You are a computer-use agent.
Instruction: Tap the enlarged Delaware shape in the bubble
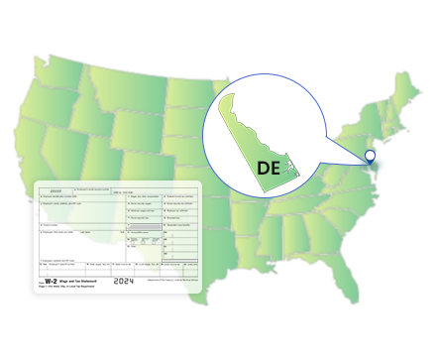(x=249, y=128)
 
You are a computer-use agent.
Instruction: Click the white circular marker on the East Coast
(x=370, y=156)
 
